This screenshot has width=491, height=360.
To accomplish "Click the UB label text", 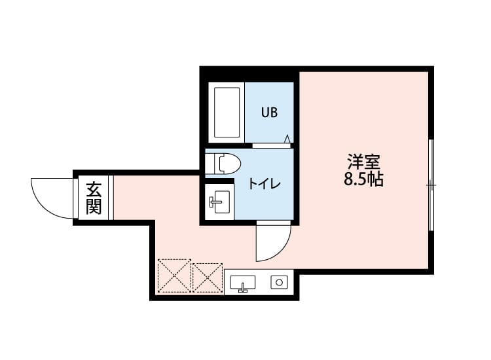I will pos(269,113).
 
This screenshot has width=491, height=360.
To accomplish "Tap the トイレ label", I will pos(264,184).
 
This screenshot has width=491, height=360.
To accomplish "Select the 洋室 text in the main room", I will pos(363,160).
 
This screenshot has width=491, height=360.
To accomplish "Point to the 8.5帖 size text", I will pos(363,179).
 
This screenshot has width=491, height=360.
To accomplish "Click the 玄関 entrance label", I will pos(94,198).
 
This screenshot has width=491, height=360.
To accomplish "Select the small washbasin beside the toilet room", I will pos(219,201).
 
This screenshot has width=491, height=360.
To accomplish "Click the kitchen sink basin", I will pos(242,283).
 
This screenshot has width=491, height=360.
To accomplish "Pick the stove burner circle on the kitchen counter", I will pos(280,283).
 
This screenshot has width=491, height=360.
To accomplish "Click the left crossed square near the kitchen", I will pos(174,276).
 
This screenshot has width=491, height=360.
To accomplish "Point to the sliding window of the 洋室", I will pos(431,185).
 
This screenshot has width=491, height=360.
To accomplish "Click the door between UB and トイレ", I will pos(272,145).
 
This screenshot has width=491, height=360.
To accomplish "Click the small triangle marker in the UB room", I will pos(287,138).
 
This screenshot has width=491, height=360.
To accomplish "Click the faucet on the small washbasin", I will pos(213,202).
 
